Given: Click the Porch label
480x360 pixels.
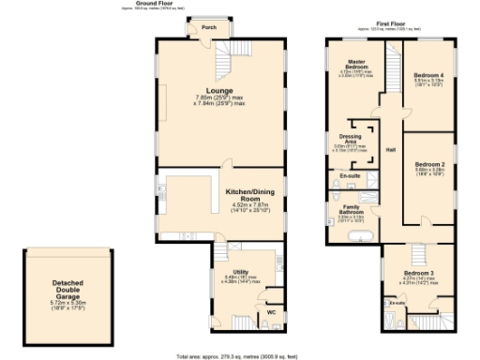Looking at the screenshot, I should [210, 28].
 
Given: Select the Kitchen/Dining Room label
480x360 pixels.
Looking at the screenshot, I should [248, 195].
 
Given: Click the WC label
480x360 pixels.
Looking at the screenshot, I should [270, 311].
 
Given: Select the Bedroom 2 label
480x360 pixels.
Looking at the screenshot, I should [429, 162].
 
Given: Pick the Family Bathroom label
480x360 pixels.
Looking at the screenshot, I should [352, 210].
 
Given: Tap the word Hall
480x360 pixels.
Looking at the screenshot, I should [391, 149].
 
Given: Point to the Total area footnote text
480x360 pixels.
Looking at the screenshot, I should [240, 355].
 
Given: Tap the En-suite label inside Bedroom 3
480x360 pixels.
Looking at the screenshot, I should [395, 303].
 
